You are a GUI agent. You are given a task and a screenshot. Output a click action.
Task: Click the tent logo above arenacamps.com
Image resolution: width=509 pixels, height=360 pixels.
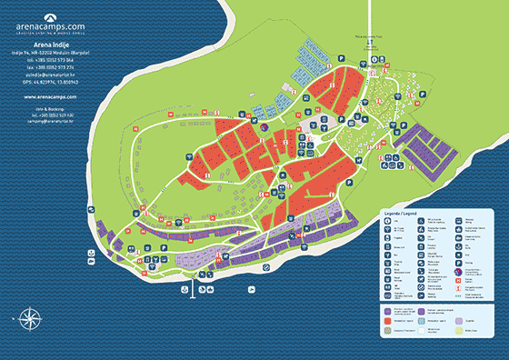point(48,17)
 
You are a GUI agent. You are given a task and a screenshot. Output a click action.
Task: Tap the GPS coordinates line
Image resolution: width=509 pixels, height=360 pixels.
point(48,81)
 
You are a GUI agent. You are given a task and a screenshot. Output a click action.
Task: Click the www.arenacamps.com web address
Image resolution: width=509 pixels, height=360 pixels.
point(48,96)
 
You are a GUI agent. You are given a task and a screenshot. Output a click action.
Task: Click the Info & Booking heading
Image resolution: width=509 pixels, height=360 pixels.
point(48,110)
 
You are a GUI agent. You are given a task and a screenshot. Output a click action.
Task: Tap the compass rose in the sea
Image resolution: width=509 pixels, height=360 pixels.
point(29,319)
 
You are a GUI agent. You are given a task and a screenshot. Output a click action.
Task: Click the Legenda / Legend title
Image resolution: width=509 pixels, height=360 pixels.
point(399,213)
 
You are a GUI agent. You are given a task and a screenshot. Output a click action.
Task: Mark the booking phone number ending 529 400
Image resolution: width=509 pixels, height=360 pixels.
point(48,116)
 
